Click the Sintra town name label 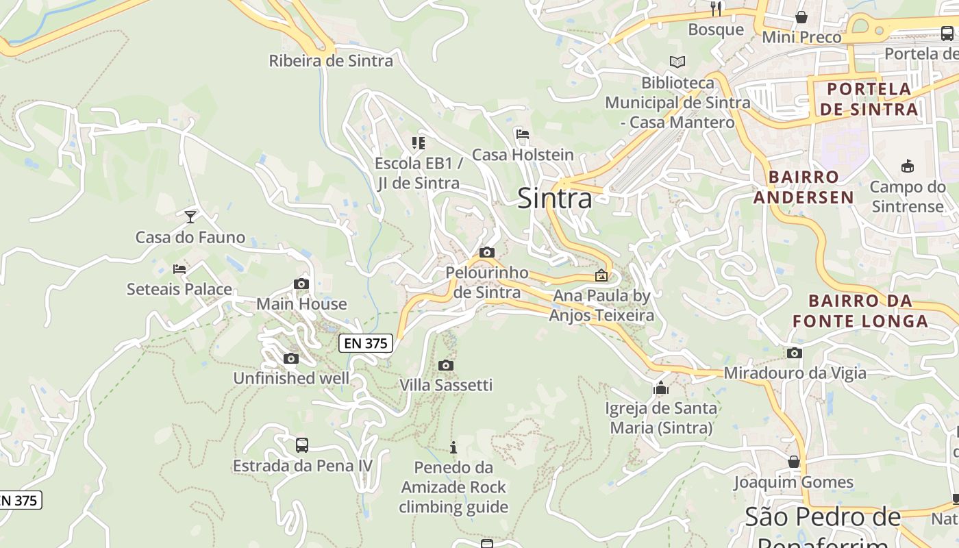[554, 199]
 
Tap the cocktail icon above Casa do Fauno [190, 217]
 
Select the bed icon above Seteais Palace [179, 269]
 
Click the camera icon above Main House [301, 284]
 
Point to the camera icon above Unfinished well [291, 358]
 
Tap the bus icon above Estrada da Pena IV [302, 445]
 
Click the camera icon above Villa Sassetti [446, 365]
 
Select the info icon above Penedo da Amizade [453, 448]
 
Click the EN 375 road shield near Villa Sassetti [366, 343]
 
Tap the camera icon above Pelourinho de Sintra [487, 252]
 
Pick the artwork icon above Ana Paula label [601, 275]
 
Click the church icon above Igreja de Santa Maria [661, 388]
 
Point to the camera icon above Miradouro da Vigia [795, 353]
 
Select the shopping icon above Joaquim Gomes [794, 462]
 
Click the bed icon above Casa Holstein [523, 134]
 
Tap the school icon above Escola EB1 [419, 143]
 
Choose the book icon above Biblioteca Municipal [677, 62]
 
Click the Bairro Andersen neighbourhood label [804, 187]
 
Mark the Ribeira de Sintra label [331, 61]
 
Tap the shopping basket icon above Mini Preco [801, 17]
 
